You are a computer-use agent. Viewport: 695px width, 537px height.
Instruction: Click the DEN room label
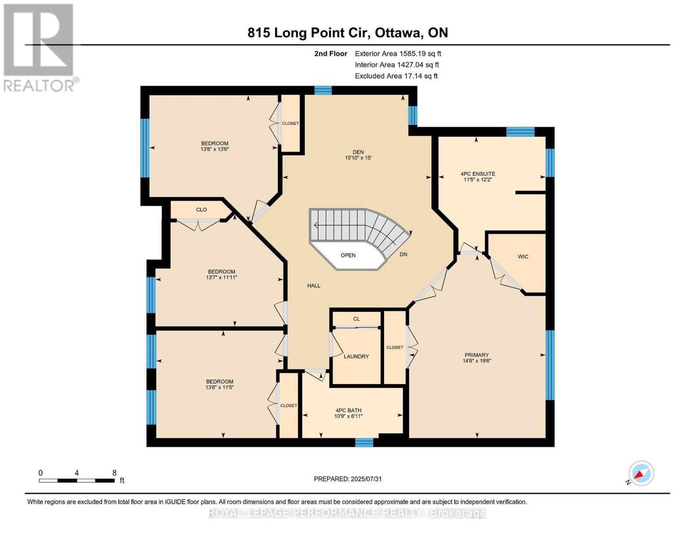(x=358, y=152)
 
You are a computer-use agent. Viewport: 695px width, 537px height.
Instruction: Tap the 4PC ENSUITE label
(x=478, y=174)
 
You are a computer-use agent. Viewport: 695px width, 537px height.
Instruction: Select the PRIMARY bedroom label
(x=477, y=355)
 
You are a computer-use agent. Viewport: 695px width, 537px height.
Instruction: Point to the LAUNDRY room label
(x=356, y=356)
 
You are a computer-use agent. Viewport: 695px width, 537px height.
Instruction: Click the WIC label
(x=523, y=256)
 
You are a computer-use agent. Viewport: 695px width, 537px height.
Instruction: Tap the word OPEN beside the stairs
(x=348, y=255)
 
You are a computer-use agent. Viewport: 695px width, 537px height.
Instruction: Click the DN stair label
(x=403, y=254)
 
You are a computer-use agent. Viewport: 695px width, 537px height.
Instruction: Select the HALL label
(x=314, y=286)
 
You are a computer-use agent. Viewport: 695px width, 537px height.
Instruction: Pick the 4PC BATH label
(x=348, y=410)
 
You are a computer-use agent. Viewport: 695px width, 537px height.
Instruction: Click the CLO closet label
(x=201, y=209)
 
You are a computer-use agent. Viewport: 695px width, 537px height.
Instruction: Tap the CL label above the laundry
(x=356, y=319)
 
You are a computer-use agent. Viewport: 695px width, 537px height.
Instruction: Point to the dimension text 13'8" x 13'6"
(x=215, y=149)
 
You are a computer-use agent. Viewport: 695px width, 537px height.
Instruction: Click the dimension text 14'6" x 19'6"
(x=477, y=361)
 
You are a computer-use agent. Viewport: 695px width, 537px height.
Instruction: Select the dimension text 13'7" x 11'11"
(x=222, y=277)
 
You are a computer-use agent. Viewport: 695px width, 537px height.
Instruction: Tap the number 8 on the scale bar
(x=114, y=473)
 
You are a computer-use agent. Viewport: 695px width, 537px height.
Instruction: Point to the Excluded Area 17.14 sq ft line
(x=396, y=76)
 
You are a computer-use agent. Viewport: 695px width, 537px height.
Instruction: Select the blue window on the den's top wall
(x=323, y=90)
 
